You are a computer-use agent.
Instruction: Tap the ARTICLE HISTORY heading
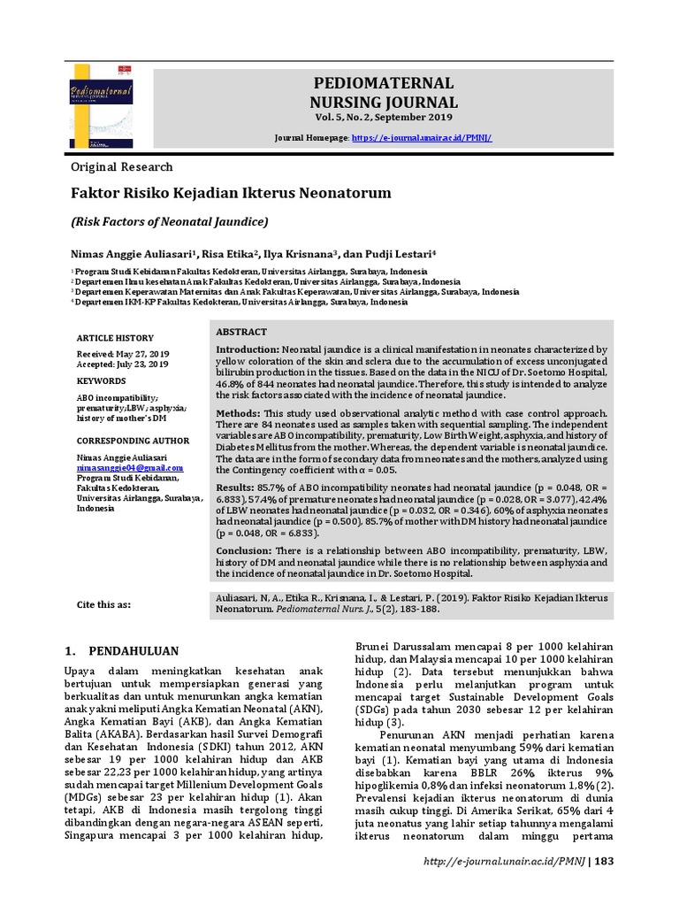point(115,338)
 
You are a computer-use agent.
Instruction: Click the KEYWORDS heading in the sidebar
point(101,380)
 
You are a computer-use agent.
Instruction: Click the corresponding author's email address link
point(130,466)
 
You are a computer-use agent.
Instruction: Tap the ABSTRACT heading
point(241,332)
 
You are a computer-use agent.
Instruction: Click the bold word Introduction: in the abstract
point(248,350)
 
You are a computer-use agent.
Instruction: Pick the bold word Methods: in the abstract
point(238,414)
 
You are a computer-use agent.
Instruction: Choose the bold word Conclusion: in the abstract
point(245,550)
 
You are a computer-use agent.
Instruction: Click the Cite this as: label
point(104,604)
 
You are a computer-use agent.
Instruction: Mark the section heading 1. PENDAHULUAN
point(122,650)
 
